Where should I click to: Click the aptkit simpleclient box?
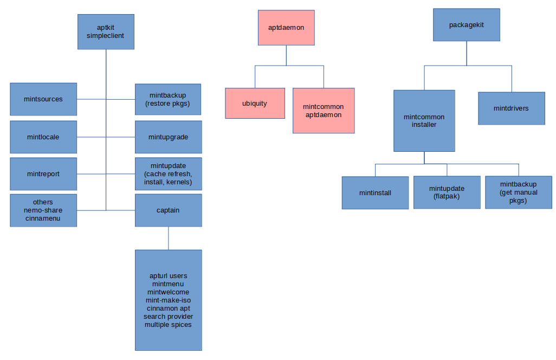(x=106, y=32)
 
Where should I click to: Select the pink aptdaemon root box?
(x=286, y=27)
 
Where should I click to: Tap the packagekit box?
(x=467, y=25)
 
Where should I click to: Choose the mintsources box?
(x=43, y=99)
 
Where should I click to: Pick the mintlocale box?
(x=43, y=137)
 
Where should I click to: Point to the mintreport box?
(x=43, y=174)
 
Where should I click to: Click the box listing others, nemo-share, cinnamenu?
(x=43, y=210)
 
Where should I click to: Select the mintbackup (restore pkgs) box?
(x=168, y=99)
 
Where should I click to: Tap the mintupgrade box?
(x=168, y=137)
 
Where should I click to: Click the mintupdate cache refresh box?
(x=168, y=174)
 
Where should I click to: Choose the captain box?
(x=168, y=210)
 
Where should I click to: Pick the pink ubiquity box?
(x=255, y=103)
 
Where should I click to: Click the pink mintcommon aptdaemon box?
(x=324, y=111)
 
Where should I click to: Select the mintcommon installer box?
(x=424, y=120)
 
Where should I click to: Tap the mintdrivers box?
(x=511, y=108)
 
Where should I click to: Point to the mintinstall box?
(x=375, y=192)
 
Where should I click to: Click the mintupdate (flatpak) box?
(x=447, y=192)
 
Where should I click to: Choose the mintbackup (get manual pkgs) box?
(x=519, y=192)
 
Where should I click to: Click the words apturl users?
(x=169, y=276)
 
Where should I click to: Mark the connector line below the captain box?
(x=169, y=238)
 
